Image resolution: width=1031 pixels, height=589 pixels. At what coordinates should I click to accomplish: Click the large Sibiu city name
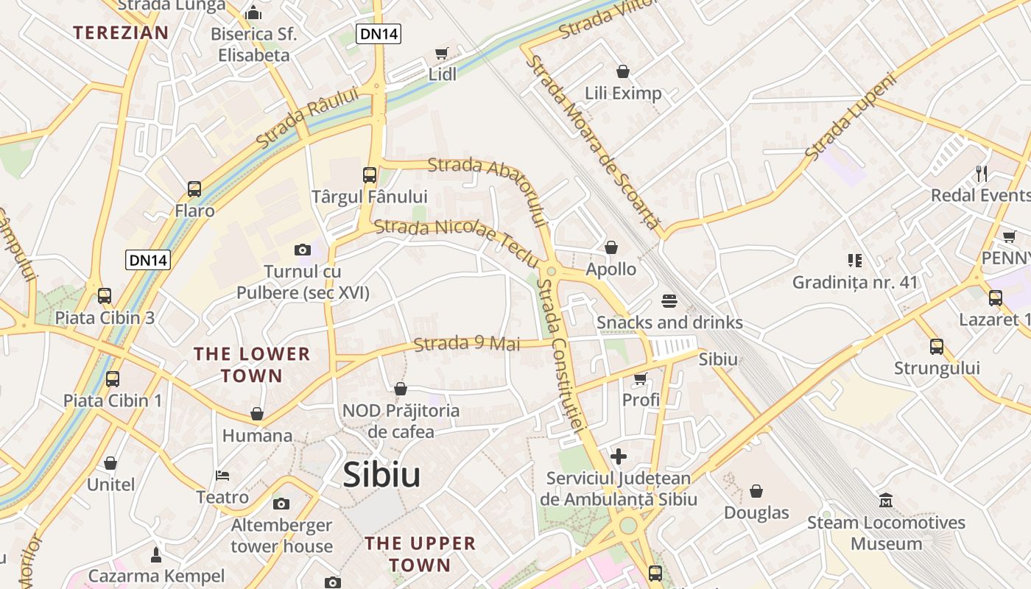(x=381, y=475)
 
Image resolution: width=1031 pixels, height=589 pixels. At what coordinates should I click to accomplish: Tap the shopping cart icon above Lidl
(x=441, y=53)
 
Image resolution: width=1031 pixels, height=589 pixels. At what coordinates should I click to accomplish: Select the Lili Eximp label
(x=623, y=94)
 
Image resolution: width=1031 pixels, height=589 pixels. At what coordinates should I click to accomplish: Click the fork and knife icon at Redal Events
(x=981, y=174)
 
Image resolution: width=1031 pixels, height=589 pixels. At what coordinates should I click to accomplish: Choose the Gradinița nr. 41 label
(x=855, y=282)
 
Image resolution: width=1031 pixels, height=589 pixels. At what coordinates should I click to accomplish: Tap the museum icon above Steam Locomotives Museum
(x=886, y=501)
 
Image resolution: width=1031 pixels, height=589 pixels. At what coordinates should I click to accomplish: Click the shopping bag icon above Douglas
(x=756, y=491)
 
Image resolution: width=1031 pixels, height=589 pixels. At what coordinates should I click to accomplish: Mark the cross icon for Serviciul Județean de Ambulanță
(x=619, y=456)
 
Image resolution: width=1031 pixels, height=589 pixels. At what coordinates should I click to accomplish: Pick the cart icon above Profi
(x=640, y=378)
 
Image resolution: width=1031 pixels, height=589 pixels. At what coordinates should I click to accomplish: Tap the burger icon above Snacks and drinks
(x=669, y=301)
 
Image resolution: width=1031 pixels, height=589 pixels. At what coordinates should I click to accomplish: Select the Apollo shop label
(x=610, y=269)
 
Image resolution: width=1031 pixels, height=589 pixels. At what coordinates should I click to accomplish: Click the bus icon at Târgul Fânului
(x=370, y=175)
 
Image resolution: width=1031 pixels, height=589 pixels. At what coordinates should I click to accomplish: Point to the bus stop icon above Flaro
(x=194, y=189)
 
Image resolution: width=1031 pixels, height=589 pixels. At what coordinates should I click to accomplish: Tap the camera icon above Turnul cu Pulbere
(x=302, y=250)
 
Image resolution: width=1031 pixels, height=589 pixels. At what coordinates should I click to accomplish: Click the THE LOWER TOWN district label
(x=252, y=364)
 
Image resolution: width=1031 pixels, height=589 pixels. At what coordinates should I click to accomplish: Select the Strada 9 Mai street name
(x=467, y=344)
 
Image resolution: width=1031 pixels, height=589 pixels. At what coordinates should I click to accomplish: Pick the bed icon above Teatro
(x=222, y=475)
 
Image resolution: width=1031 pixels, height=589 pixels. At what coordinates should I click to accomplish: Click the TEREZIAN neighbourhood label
(x=121, y=32)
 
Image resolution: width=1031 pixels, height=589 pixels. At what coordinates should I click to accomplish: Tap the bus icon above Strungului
(x=936, y=346)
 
